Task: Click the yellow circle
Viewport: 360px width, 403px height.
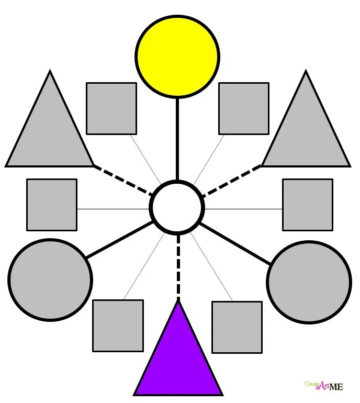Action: (177, 56)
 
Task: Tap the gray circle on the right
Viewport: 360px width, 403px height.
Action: (309, 282)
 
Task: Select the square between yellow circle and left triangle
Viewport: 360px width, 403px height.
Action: (111, 108)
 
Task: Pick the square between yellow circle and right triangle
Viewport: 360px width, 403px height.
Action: (243, 108)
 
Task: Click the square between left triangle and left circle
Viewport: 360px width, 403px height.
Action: (52, 205)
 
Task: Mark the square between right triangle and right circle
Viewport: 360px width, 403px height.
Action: (308, 205)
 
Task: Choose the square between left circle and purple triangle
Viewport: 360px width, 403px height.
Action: (118, 325)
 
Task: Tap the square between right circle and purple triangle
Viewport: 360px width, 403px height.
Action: (237, 327)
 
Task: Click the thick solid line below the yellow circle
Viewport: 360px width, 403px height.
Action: (177, 139)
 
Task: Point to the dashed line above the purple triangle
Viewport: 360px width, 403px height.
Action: (178, 267)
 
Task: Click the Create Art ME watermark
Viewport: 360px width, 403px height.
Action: (324, 386)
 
